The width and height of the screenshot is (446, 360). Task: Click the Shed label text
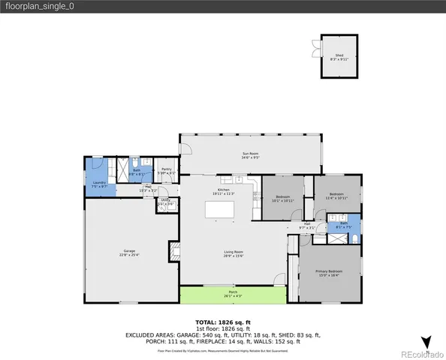tap(339, 56)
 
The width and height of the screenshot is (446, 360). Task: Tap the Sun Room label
tap(250, 155)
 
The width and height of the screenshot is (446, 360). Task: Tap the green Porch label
tap(233, 292)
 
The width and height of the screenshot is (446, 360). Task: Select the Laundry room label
tap(98, 183)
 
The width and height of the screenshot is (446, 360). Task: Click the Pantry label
tap(167, 171)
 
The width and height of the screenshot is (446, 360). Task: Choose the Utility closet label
tap(165, 202)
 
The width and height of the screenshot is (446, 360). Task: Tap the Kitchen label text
tap(223, 191)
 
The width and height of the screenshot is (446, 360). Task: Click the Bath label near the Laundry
tap(137, 171)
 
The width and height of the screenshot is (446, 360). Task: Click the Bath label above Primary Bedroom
tap(343, 223)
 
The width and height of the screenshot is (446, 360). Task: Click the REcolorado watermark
tap(420, 352)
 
